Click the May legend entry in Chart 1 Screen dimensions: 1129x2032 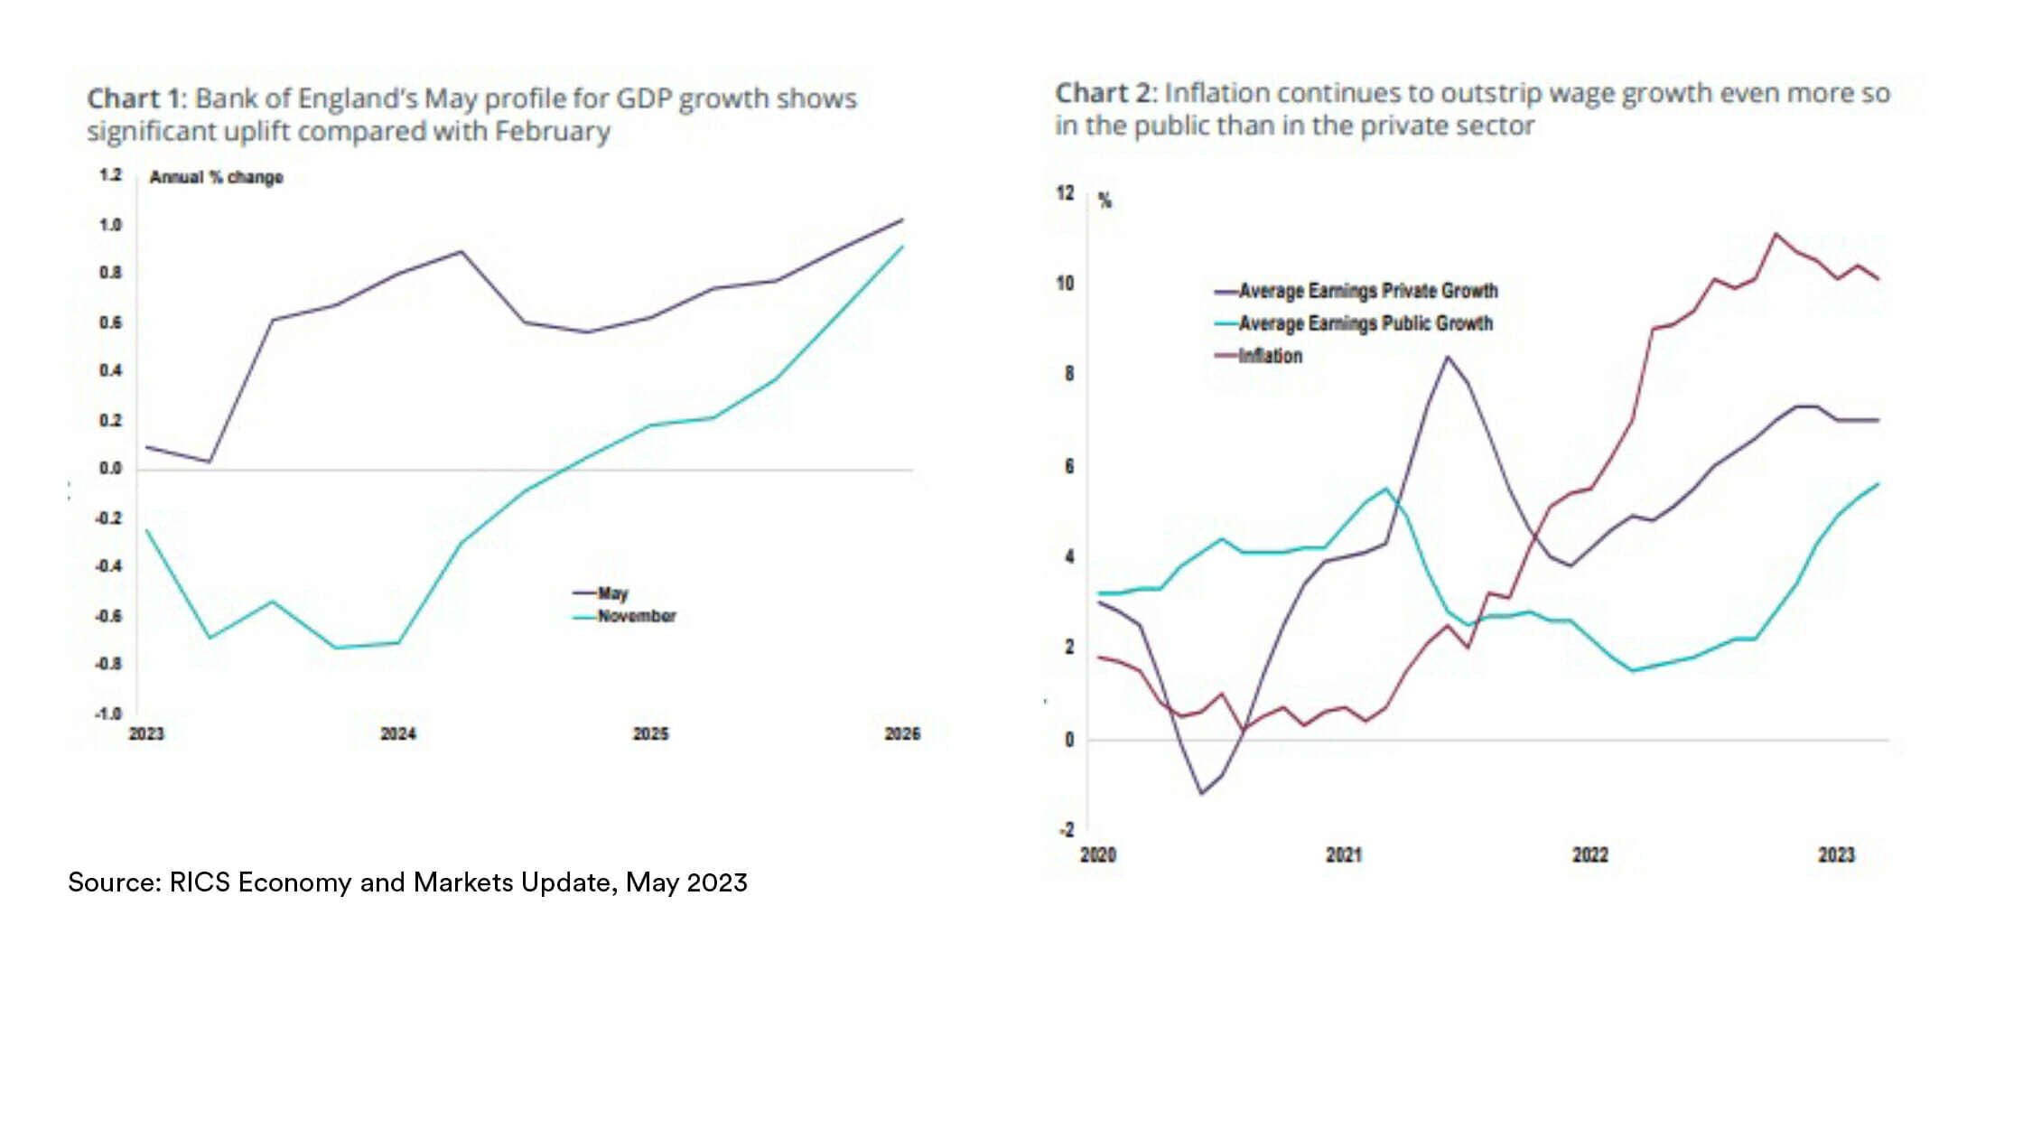(611, 593)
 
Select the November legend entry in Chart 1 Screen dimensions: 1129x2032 (636, 616)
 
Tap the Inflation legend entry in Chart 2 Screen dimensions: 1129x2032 (1270, 356)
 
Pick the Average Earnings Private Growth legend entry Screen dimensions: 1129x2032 (1367, 291)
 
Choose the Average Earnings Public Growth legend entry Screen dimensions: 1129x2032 (1365, 323)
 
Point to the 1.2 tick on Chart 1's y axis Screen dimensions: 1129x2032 (110, 175)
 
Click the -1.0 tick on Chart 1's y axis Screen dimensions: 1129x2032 (108, 714)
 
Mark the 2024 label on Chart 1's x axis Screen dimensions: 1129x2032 (398, 734)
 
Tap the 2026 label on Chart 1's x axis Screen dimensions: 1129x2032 (902, 734)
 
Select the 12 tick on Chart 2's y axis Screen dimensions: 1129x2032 (1066, 193)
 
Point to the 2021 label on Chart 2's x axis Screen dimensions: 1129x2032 (1344, 855)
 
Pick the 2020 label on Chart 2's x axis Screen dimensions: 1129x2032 (1098, 855)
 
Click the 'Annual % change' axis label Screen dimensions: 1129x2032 (216, 177)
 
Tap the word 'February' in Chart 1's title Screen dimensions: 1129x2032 (552, 132)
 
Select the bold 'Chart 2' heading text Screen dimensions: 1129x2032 (1105, 93)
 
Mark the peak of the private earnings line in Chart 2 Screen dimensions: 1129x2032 (1448, 356)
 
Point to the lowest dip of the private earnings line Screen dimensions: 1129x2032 (1201, 794)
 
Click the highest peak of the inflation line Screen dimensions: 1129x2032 (1776, 234)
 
